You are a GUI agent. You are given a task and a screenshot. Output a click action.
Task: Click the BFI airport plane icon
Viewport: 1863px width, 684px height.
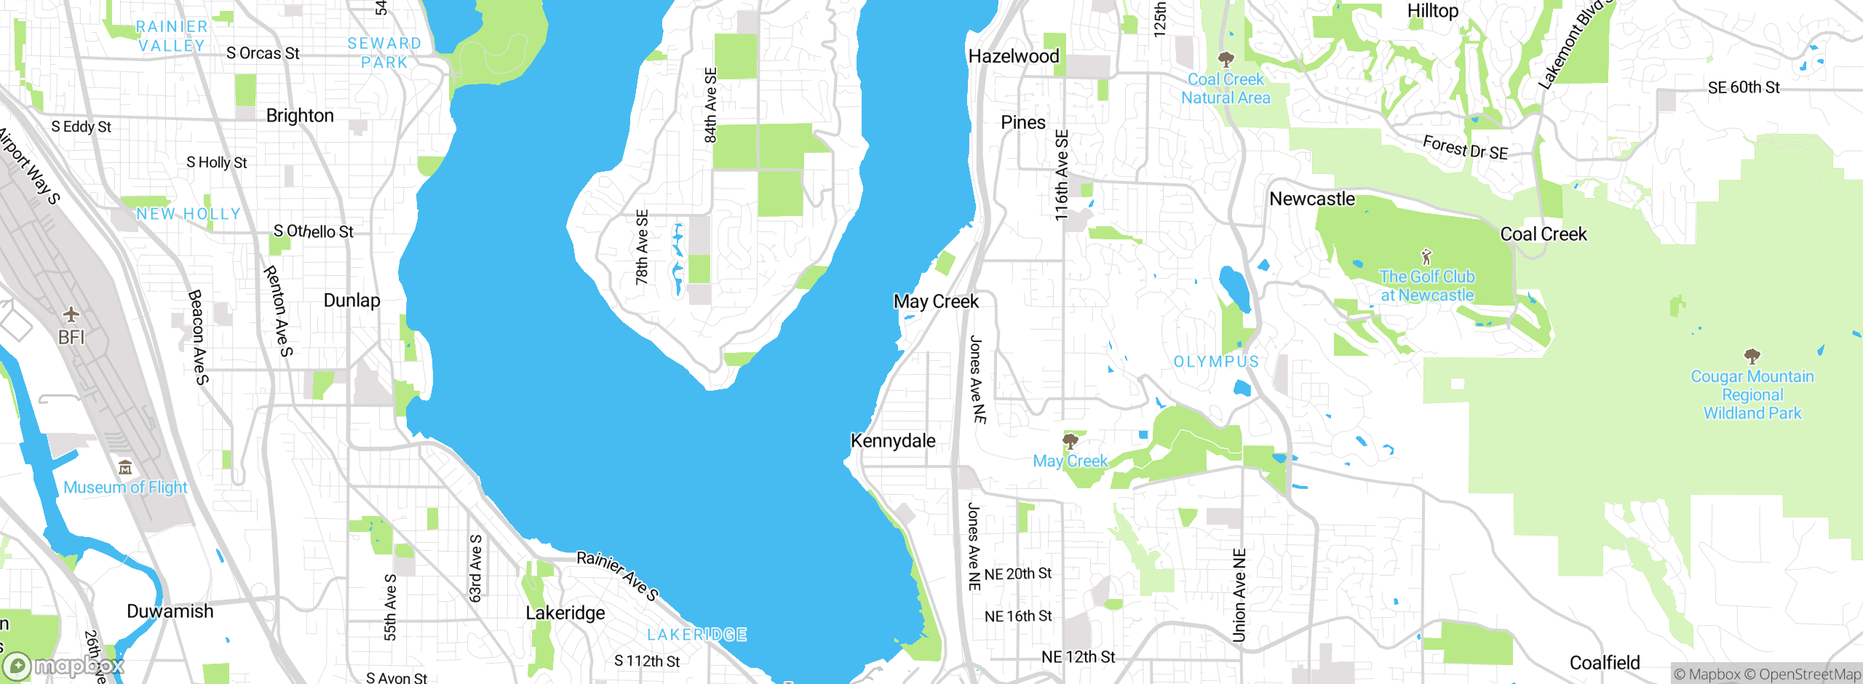71,314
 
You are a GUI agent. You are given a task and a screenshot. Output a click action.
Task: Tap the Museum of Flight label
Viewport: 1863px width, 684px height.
125,488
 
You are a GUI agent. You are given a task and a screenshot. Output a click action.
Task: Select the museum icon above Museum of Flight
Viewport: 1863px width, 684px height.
125,466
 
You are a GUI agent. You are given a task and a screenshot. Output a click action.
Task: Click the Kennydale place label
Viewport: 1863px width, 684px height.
893,441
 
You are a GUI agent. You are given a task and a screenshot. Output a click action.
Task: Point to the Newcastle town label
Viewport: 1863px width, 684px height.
1312,199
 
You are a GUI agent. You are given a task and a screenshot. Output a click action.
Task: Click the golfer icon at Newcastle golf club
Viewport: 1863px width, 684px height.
1426,257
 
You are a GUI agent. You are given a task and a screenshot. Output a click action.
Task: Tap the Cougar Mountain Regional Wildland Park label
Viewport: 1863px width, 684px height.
1752,395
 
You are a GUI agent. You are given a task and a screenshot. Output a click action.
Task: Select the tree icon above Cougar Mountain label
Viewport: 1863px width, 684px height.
1752,357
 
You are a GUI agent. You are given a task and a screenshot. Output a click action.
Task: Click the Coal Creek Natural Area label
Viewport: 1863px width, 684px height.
1226,89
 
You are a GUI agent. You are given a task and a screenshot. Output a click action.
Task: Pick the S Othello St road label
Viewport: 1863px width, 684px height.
313,231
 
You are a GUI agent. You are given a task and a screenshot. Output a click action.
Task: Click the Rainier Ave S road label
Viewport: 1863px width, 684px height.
617,576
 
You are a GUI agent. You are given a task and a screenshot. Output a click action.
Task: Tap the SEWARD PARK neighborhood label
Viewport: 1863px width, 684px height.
384,53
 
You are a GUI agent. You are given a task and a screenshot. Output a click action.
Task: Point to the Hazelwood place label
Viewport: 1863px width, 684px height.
1013,56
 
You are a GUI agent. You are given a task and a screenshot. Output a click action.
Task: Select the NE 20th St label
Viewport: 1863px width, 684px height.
1017,574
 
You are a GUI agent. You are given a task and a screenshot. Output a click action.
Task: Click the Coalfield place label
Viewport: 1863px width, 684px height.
1605,663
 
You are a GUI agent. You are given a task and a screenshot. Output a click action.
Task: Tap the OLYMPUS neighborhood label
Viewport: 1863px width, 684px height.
1216,362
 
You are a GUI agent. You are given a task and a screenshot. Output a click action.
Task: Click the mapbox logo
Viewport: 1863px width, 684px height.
63,666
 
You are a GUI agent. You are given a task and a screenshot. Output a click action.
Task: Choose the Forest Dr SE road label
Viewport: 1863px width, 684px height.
1465,148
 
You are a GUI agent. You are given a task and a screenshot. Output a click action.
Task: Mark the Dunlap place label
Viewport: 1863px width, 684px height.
351,301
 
